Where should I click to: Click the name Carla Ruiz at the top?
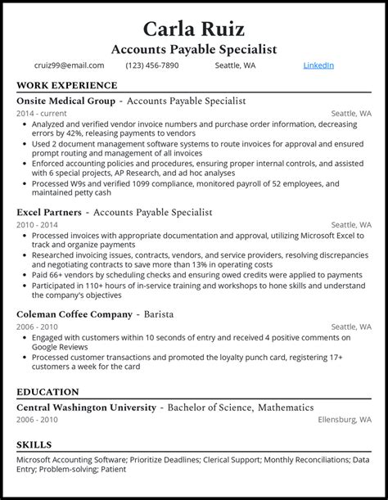click(x=193, y=29)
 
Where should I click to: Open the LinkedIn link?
click(x=318, y=65)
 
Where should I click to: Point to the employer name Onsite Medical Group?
click(x=65, y=101)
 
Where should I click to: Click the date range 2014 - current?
click(x=41, y=113)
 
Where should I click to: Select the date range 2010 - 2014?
click(x=38, y=224)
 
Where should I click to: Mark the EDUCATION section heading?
click(x=47, y=392)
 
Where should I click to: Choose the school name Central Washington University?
click(x=86, y=407)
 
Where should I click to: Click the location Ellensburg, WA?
click(x=345, y=420)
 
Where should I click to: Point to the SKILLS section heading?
click(x=34, y=444)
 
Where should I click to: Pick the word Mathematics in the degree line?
click(x=285, y=407)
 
